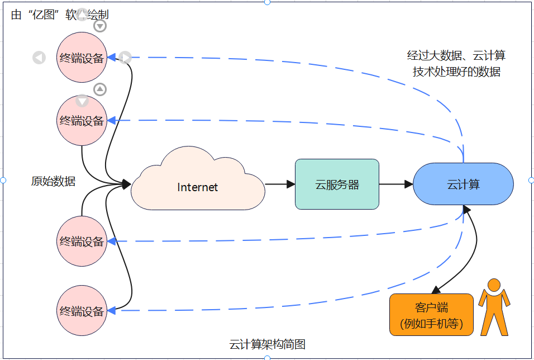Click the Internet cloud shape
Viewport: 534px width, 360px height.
tap(198, 187)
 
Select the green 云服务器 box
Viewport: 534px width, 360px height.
tap(337, 184)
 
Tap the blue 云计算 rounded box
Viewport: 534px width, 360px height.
tap(463, 184)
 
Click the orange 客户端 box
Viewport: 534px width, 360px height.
tap(431, 315)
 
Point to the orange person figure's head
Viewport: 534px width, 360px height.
tap(494, 285)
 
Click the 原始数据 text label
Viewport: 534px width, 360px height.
tap(53, 181)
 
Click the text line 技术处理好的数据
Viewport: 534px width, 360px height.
tap(456, 72)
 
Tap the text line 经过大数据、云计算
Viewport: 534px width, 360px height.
tap(456, 55)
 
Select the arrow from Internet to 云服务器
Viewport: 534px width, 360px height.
tap(280, 184)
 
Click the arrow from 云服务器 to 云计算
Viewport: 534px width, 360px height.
tap(396, 184)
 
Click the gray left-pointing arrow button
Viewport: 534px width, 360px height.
tap(39, 58)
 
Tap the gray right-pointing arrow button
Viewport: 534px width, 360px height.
tap(125, 58)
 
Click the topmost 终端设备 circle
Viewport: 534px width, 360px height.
tap(82, 58)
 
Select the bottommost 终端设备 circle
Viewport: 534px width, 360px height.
tap(82, 311)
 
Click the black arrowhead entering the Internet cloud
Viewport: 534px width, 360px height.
tap(126, 184)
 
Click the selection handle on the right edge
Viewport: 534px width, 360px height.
tap(531, 180)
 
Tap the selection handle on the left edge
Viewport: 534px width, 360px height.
tap(3, 180)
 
